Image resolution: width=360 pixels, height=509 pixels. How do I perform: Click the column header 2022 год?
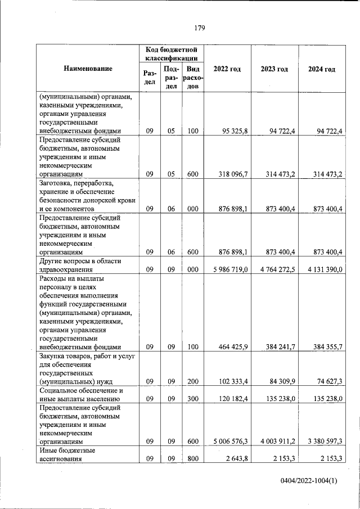coord(227,69)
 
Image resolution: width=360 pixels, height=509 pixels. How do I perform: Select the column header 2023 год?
coord(274,69)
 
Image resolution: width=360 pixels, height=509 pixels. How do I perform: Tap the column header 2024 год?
coord(322,69)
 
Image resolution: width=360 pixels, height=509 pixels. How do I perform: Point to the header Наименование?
coord(88,69)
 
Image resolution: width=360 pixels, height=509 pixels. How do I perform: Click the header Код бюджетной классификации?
coord(171,53)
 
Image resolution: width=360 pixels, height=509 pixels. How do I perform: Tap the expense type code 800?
coord(193,460)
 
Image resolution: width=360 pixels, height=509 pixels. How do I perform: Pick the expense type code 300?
coord(193,399)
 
